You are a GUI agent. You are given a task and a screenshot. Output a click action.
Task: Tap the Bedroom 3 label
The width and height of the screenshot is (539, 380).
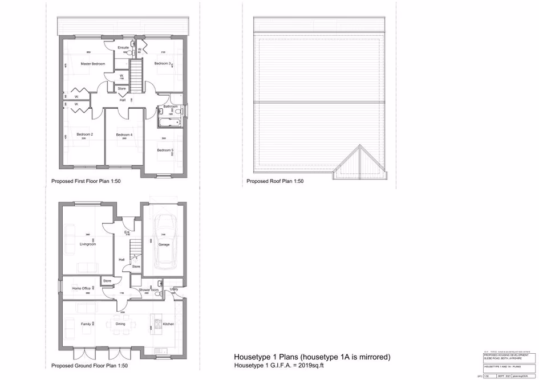(163, 64)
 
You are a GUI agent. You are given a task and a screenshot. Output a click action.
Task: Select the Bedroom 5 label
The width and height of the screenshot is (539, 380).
(165, 150)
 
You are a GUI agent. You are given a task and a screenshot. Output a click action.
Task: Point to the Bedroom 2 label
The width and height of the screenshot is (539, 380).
(85, 134)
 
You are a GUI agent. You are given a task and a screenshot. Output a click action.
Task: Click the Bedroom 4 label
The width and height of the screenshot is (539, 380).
(124, 134)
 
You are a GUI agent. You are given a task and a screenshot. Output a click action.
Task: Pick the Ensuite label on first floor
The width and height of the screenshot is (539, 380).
(123, 47)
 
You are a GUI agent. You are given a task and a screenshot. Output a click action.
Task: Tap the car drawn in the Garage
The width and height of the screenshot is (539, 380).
(164, 242)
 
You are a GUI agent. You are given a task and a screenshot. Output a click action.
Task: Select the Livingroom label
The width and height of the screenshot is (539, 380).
(88, 244)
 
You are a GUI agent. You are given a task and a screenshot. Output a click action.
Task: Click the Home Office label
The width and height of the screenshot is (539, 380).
(82, 289)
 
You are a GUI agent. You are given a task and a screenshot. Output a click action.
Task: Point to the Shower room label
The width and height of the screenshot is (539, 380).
(148, 290)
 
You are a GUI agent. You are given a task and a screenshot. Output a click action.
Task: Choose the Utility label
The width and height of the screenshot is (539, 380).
(174, 289)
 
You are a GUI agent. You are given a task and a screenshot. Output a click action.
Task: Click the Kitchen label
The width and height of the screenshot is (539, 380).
(168, 324)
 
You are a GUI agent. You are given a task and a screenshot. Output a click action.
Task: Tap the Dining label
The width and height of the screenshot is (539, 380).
(120, 324)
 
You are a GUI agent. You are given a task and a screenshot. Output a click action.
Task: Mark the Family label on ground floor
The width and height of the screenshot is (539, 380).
(86, 324)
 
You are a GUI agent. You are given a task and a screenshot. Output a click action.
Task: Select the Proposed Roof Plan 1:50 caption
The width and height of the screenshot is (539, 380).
(275, 181)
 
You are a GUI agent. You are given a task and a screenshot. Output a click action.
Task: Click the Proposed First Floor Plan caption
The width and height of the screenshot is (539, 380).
(86, 181)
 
